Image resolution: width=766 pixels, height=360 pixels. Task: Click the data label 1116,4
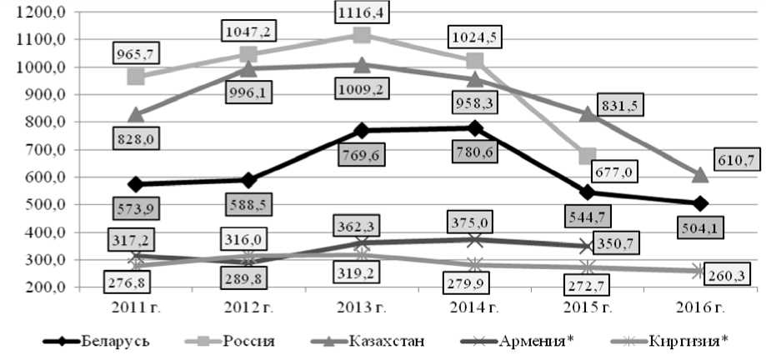coord(362,12)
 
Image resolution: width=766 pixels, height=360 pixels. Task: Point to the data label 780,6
coord(476,152)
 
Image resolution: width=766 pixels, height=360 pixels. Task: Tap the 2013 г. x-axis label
coord(362,306)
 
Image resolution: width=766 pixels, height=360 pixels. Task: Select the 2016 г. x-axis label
coord(700,306)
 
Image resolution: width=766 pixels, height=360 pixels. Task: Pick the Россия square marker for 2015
coord(587,156)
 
